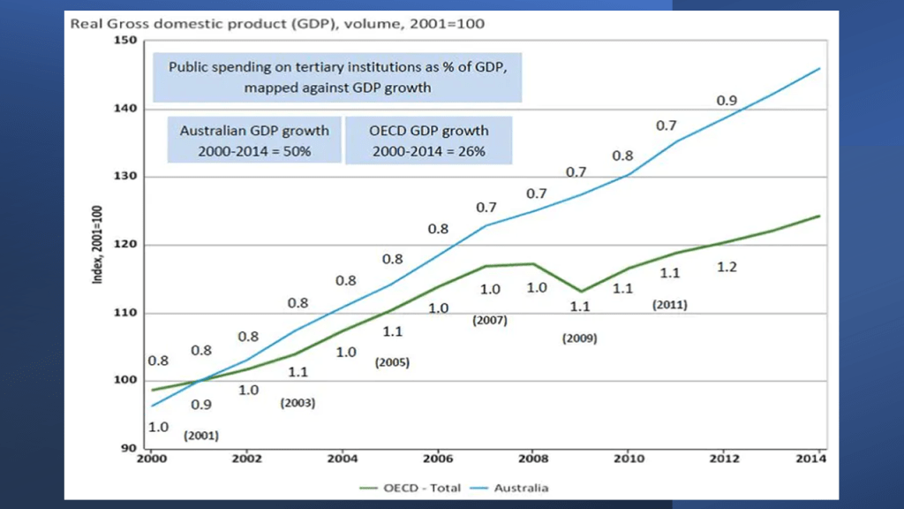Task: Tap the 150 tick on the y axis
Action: pyautogui.click(x=125, y=41)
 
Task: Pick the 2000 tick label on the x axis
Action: pyautogui.click(x=151, y=459)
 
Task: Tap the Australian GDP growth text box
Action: pyautogui.click(x=254, y=141)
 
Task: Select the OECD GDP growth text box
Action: pyautogui.click(x=428, y=141)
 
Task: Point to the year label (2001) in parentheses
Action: pyautogui.click(x=200, y=436)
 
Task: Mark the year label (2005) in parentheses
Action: pyautogui.click(x=393, y=362)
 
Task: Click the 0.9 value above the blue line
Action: pyautogui.click(x=727, y=101)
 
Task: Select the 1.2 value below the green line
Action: pyautogui.click(x=727, y=267)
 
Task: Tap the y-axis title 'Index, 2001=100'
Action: pyautogui.click(x=100, y=245)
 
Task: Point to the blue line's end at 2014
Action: pyautogui.click(x=820, y=68)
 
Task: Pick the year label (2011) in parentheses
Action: pyautogui.click(x=669, y=305)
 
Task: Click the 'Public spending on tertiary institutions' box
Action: pyautogui.click(x=337, y=77)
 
